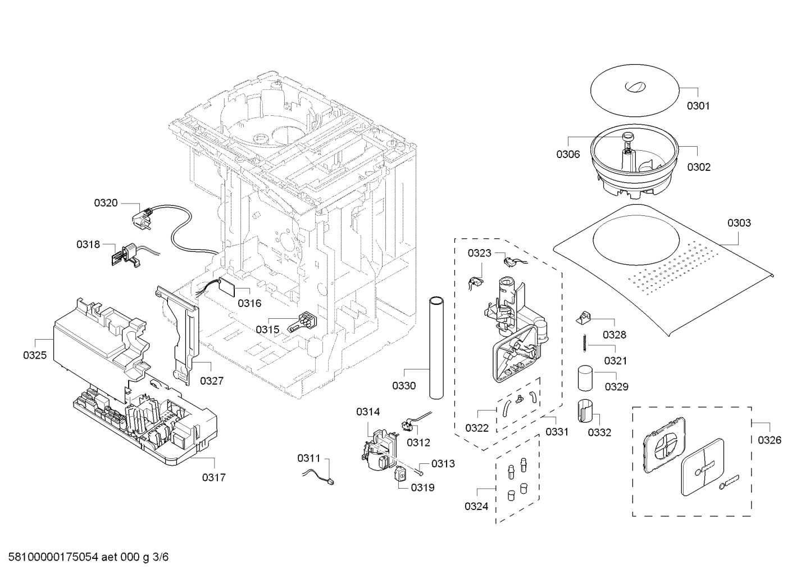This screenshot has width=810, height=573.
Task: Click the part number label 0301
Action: click(698, 106)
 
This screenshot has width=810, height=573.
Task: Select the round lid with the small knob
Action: click(635, 91)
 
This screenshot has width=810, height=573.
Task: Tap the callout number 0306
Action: click(568, 155)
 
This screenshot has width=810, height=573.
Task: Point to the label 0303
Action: click(739, 223)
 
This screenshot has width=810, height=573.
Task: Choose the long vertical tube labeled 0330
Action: click(436, 348)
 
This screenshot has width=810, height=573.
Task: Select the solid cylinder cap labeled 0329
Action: click(585, 378)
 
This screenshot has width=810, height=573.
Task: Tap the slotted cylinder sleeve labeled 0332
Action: click(585, 411)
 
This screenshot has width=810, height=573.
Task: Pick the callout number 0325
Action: click(35, 355)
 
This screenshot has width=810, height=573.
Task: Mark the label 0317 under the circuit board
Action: click(213, 478)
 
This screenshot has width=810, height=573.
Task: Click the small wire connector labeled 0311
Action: click(318, 476)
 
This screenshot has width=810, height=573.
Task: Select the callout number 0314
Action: click(368, 412)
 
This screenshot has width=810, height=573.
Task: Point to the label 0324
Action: click(476, 507)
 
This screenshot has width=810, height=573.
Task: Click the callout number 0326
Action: click(770, 440)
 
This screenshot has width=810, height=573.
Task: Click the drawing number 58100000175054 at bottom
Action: click(53, 557)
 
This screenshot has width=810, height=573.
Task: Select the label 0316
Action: click(249, 303)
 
